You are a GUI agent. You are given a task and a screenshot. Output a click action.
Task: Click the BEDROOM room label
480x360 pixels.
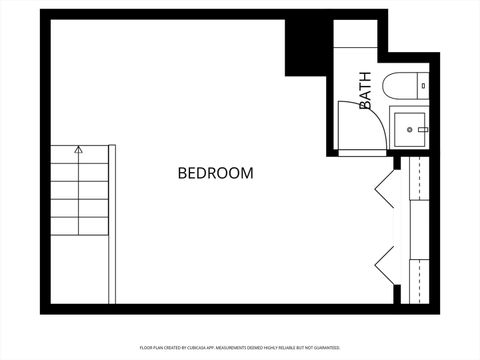(x=215, y=173)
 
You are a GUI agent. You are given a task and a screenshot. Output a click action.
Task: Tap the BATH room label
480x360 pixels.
(x=366, y=90)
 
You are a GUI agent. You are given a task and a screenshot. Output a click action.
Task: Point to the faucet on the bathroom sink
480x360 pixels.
(x=423, y=129)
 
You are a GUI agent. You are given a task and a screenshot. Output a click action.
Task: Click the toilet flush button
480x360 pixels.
(x=424, y=86)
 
